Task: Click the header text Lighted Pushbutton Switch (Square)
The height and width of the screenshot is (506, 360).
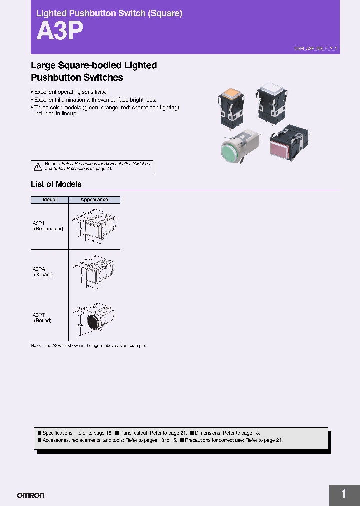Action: point(109,13)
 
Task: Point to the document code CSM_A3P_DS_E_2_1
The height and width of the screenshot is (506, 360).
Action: point(315,49)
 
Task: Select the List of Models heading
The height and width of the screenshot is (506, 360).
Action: point(56,184)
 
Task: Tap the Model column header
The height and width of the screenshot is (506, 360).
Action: point(49,200)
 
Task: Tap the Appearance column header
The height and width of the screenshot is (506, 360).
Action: point(94,200)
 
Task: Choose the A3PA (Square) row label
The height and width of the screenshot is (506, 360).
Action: point(43,272)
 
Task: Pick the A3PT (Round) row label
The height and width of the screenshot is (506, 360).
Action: point(42,318)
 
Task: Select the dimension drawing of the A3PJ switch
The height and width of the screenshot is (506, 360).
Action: point(94,226)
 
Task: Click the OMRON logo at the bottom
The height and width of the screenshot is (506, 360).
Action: point(31,495)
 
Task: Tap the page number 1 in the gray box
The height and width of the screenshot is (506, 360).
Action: point(344,494)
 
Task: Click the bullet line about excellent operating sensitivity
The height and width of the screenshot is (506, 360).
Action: point(70,92)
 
